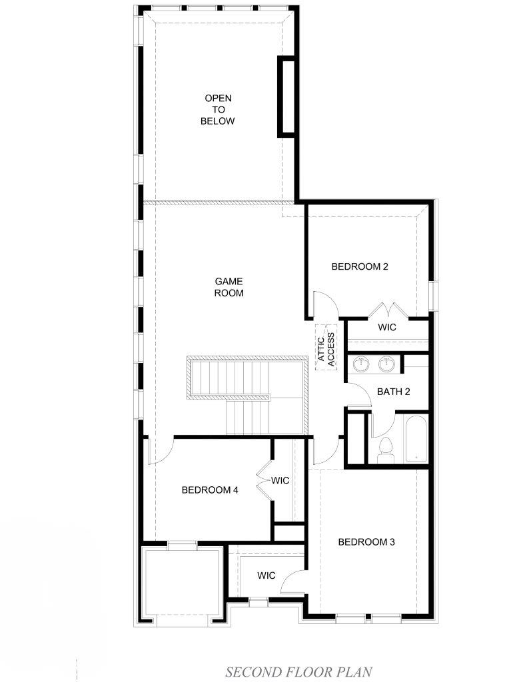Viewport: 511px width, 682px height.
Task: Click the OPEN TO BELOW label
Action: pyautogui.click(x=218, y=110)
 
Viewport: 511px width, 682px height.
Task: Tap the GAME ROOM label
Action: pyautogui.click(x=229, y=287)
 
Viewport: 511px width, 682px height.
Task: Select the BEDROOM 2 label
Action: pyautogui.click(x=360, y=266)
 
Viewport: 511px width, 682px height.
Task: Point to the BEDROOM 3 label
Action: pyautogui.click(x=366, y=542)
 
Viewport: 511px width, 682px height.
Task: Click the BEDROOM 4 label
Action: pyautogui.click(x=210, y=490)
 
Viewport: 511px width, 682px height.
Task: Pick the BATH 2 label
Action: pyautogui.click(x=394, y=392)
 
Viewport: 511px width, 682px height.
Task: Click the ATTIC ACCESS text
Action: pyautogui.click(x=326, y=350)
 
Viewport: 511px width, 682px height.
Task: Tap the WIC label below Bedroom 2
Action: pyautogui.click(x=387, y=327)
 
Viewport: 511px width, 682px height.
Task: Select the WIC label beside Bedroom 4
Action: pyautogui.click(x=280, y=481)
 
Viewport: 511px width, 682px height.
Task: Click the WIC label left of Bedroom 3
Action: pyautogui.click(x=266, y=575)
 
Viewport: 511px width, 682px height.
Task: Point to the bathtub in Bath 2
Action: pyautogui.click(x=416, y=439)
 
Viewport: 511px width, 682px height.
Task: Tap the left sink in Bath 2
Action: pyautogui.click(x=361, y=364)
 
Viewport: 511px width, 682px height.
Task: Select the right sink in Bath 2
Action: pyautogui.click(x=386, y=364)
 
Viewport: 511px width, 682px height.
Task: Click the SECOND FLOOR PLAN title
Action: pyautogui.click(x=298, y=671)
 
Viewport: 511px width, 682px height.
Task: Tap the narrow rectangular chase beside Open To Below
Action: pyautogui.click(x=287, y=96)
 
